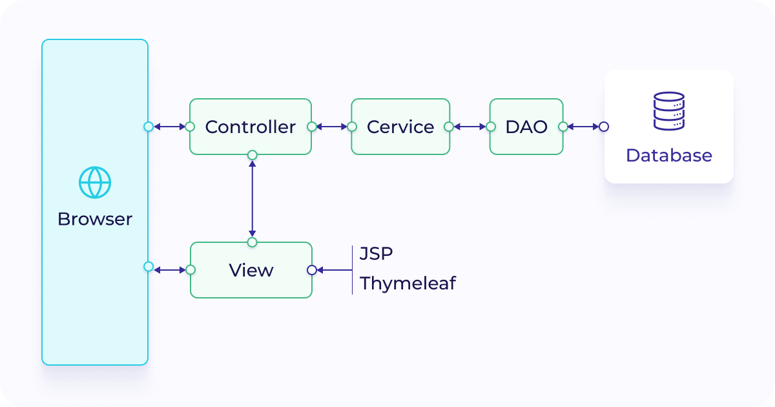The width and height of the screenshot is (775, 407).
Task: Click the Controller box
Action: pos(251,127)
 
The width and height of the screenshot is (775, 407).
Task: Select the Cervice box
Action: pos(400,127)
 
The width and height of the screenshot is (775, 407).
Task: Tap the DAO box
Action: pos(526,127)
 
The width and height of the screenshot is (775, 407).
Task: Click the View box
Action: pos(251,270)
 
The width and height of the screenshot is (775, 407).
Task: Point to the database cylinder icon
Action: pos(668,111)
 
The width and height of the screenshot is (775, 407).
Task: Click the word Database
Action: pos(668,156)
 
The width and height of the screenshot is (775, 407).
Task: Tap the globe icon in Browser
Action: pos(95,182)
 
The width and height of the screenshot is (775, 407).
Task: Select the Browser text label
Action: pos(95,219)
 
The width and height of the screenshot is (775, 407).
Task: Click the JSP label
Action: pos(376,254)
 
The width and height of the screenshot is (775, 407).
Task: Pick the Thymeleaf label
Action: pos(408,284)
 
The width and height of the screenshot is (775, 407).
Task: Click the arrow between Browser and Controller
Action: pos(169,127)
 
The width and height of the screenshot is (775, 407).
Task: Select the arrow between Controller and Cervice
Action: pos(332,127)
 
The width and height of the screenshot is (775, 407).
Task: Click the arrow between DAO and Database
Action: pos(583,127)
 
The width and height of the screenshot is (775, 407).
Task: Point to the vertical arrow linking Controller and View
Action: pos(253,198)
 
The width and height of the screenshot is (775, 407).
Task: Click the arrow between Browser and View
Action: pos(169,270)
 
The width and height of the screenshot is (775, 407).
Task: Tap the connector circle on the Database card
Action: pos(604,127)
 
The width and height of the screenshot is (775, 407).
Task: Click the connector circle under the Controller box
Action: pos(253,155)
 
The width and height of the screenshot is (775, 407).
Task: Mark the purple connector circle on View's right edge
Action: pos(312,270)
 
